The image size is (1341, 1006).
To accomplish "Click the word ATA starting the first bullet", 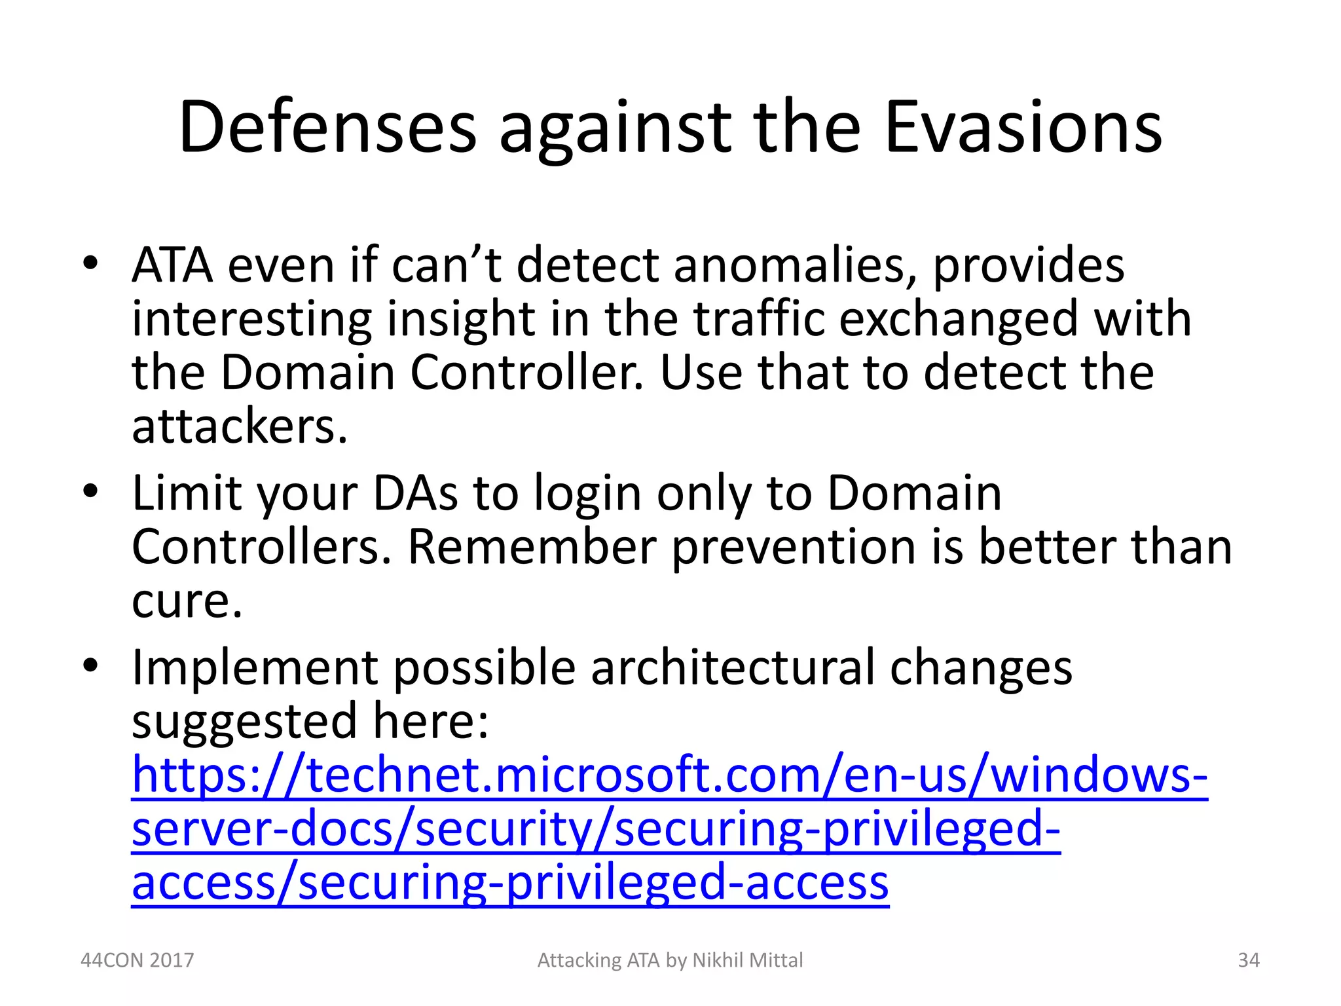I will coord(172,265).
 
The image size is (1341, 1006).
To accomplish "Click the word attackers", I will coord(239,426).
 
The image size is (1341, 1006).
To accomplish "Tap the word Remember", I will coord(532,546).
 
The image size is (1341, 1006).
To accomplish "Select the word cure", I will coord(187,600).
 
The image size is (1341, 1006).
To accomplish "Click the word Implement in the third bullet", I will coord(255,667).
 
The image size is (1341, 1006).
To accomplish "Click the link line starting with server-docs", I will coord(596,829).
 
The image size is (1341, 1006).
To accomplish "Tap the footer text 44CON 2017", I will coord(137,960).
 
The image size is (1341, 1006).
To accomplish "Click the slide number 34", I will coord(1249,960).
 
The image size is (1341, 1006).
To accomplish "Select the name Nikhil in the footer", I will coord(718,960).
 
